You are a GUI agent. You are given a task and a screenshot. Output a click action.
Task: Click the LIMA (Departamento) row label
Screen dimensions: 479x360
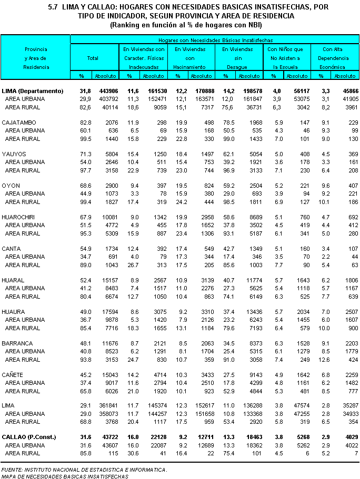pyautogui.click(x=36, y=91)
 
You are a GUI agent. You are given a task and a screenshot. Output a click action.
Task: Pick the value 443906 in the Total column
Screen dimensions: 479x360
pyautogui.click(x=106, y=91)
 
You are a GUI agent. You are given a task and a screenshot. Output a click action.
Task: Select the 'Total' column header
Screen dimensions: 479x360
pyautogui.click(x=93, y=58)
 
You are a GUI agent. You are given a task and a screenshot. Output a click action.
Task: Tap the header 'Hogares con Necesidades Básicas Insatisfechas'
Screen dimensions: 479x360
pyautogui.click(x=216, y=40)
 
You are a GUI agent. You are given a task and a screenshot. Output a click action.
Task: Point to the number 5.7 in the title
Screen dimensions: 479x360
pyautogui.click(x=52, y=7)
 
